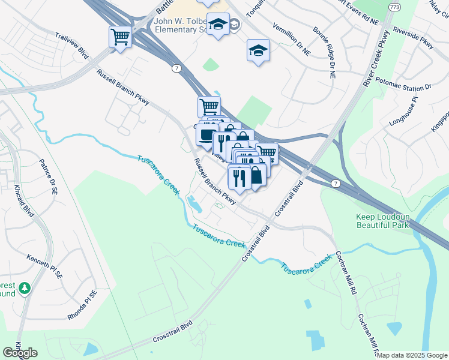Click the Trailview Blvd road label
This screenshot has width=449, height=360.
[73, 46]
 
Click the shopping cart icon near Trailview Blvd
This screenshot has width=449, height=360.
[121, 37]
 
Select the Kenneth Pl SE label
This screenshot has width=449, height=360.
[44, 266]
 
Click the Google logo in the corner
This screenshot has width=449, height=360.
[20, 353]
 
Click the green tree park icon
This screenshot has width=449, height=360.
[24, 289]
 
